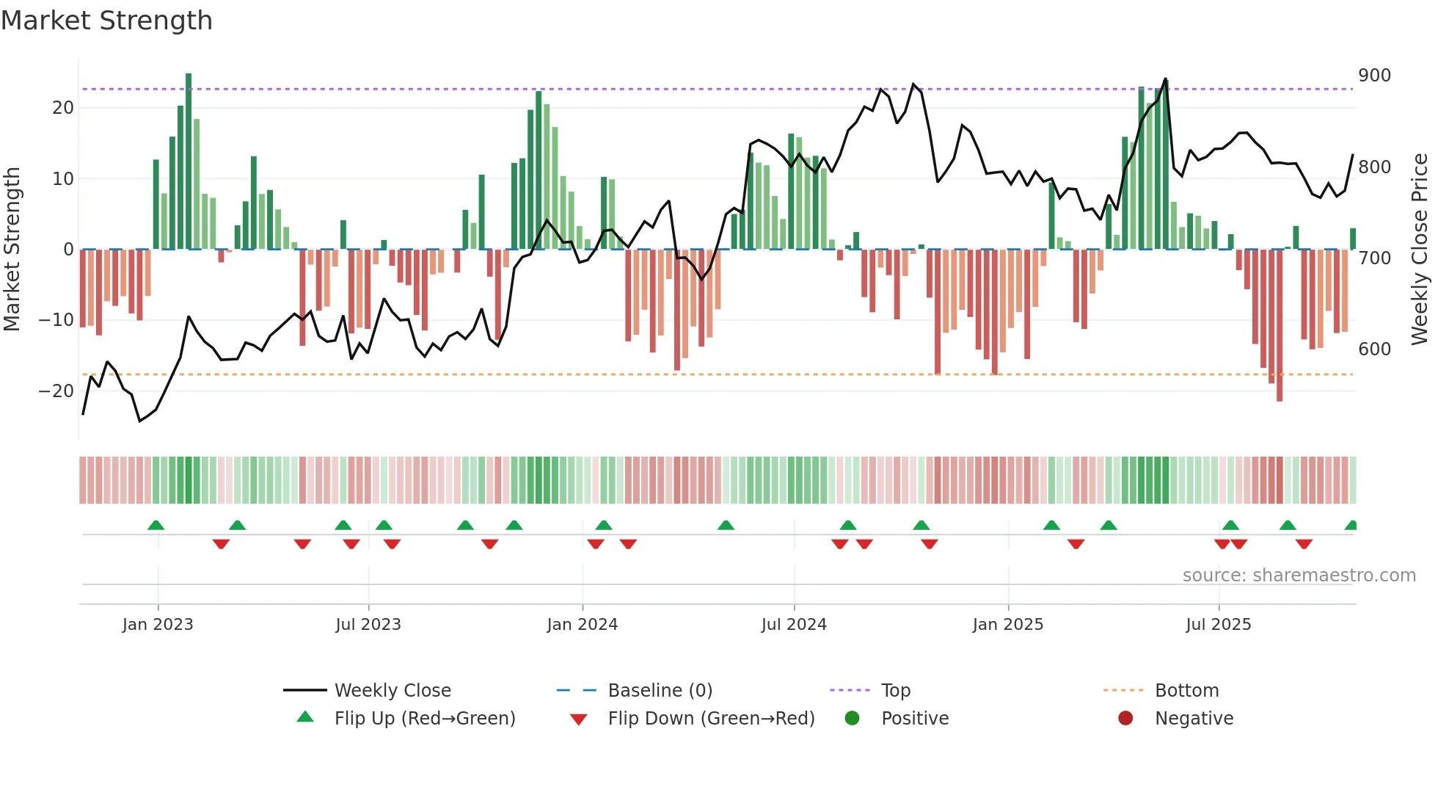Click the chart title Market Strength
tap(106, 21)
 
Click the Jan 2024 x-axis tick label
tap(582, 625)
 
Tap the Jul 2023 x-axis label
tap(368, 625)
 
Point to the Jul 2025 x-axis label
tap(1218, 625)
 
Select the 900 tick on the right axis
tap(1373, 76)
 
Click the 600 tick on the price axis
tap(1373, 349)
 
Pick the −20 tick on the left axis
tap(56, 391)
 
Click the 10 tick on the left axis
tap(62, 179)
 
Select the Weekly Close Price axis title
tap(1420, 250)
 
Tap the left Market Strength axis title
tap(12, 250)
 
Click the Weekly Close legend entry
tap(392, 691)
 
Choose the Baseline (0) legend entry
tap(660, 691)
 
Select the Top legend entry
tap(895, 691)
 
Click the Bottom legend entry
tap(1186, 691)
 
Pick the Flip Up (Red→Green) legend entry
tap(424, 719)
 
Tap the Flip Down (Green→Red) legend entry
tap(710, 719)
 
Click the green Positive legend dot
tap(852, 719)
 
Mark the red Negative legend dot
tap(1125, 719)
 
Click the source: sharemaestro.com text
tap(1299, 576)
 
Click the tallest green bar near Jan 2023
tap(189, 162)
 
